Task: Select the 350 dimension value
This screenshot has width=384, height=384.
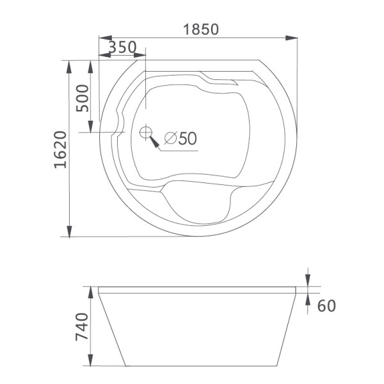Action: [x=122, y=48]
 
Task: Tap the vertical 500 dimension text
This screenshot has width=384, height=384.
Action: [x=83, y=97]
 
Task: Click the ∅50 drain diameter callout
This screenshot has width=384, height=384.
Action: [x=180, y=138]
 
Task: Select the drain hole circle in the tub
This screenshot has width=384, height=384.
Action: [x=146, y=132]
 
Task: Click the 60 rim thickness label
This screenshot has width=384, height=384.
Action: [x=326, y=306]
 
